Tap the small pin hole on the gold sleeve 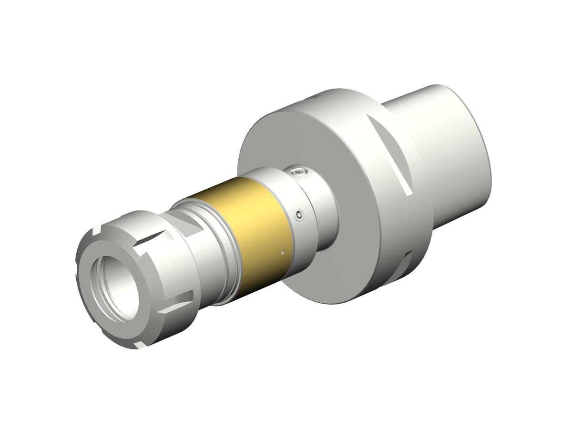tap(282, 253)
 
